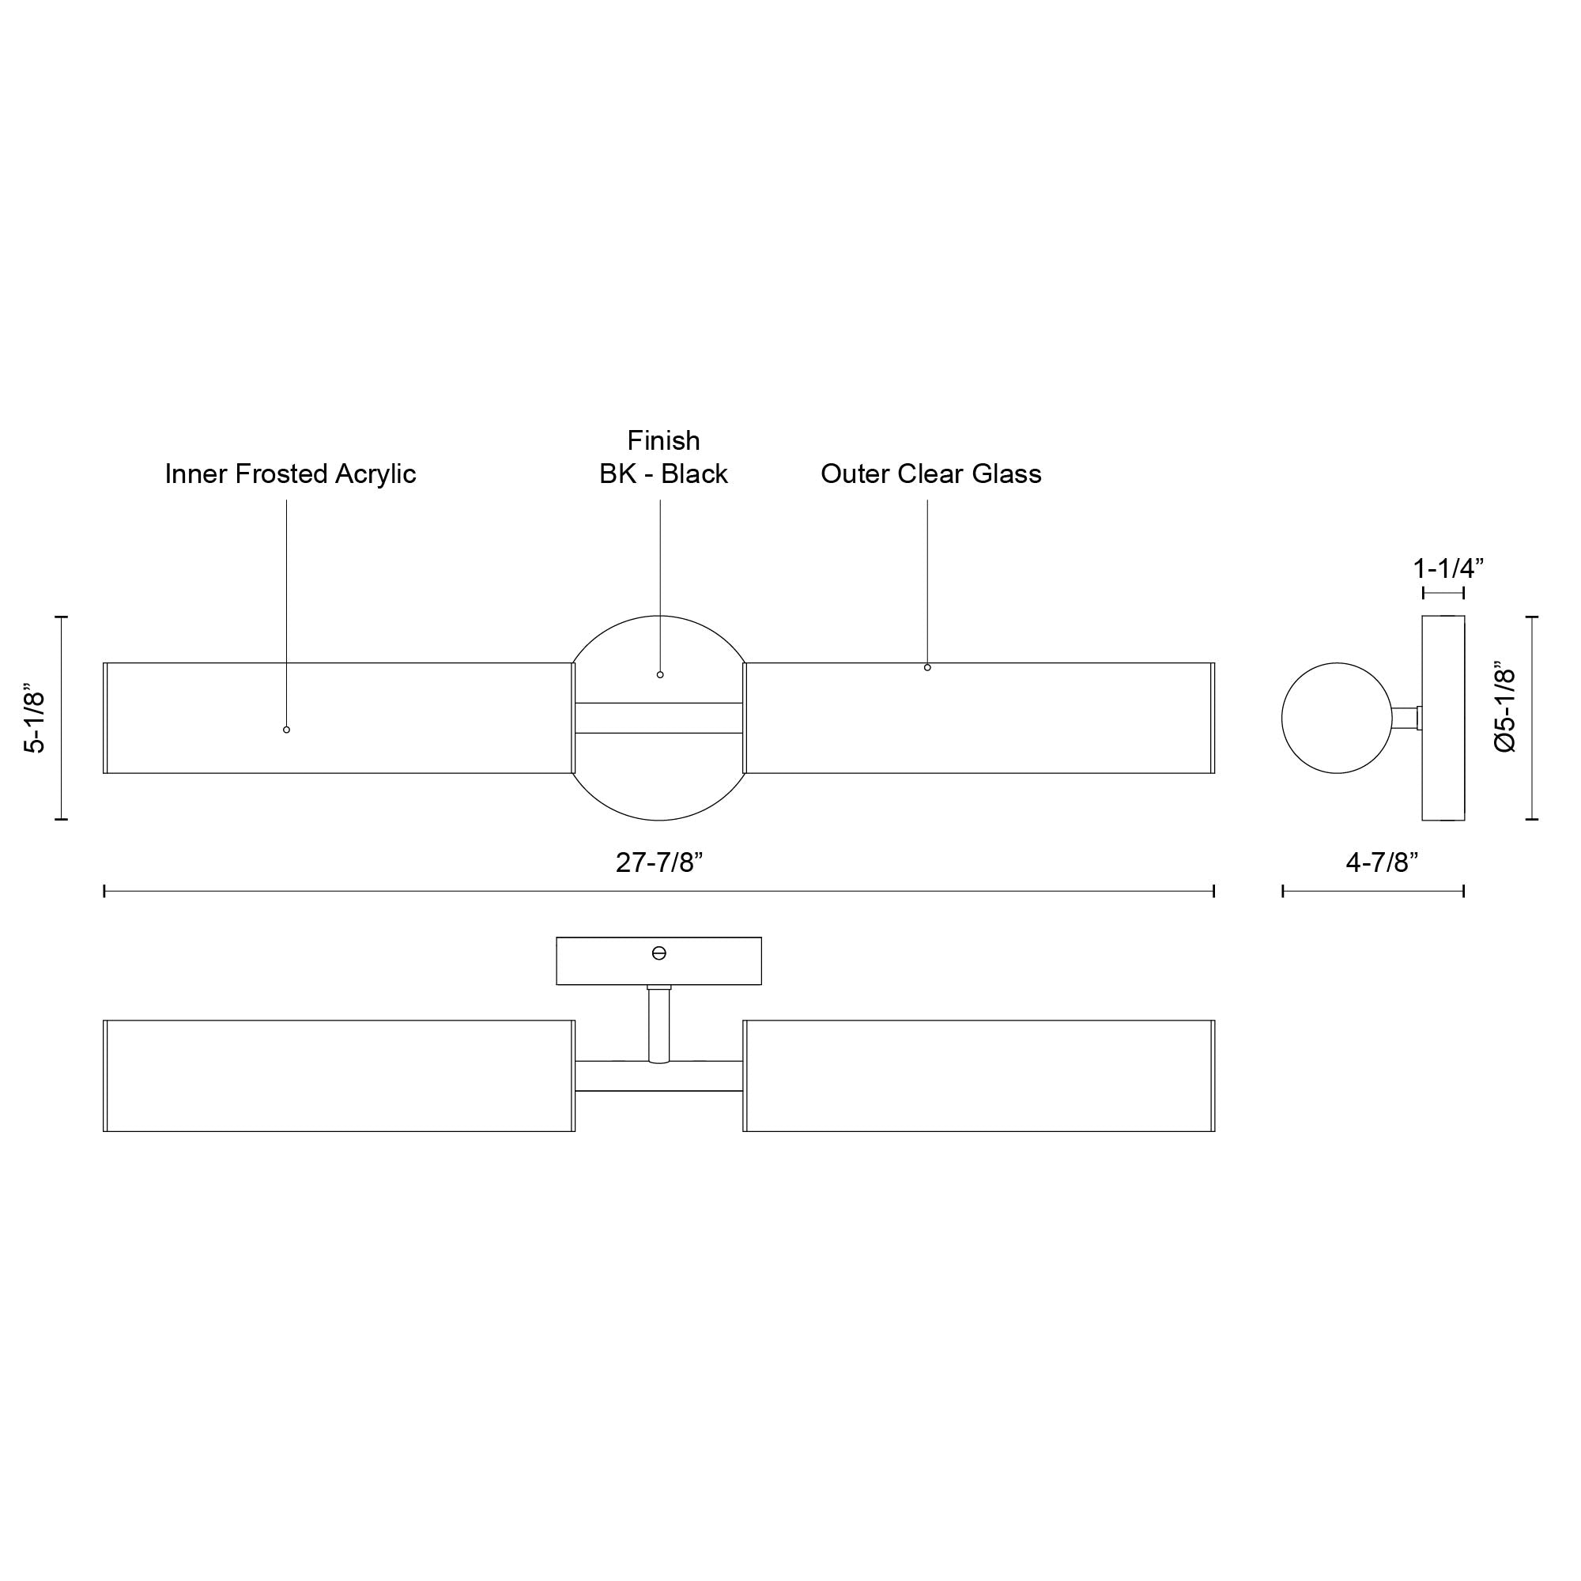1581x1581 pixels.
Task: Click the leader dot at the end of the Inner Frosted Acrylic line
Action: point(286,729)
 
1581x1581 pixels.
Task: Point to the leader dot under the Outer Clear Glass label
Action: point(927,668)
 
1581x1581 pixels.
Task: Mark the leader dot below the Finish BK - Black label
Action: point(660,674)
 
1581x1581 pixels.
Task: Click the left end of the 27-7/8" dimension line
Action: point(104,891)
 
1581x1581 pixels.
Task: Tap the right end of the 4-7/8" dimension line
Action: point(1463,891)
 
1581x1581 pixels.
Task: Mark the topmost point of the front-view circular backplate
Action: point(658,615)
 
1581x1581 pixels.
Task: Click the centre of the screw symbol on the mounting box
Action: point(658,953)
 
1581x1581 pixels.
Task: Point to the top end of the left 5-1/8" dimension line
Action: point(62,617)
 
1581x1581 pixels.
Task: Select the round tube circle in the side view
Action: point(1336,718)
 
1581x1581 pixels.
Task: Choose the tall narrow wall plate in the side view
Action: point(1443,718)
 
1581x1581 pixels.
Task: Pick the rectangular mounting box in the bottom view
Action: point(658,960)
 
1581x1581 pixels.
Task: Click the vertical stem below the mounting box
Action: point(658,1025)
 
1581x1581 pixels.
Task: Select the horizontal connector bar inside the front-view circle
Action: point(658,718)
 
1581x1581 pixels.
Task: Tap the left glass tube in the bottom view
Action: point(340,1075)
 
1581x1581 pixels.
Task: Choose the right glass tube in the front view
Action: point(979,718)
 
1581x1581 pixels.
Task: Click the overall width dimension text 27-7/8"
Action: point(659,862)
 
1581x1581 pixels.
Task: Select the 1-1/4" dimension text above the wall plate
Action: point(1448,567)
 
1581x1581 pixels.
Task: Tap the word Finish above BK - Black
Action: point(664,440)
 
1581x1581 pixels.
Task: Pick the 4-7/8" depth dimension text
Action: point(1382,862)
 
